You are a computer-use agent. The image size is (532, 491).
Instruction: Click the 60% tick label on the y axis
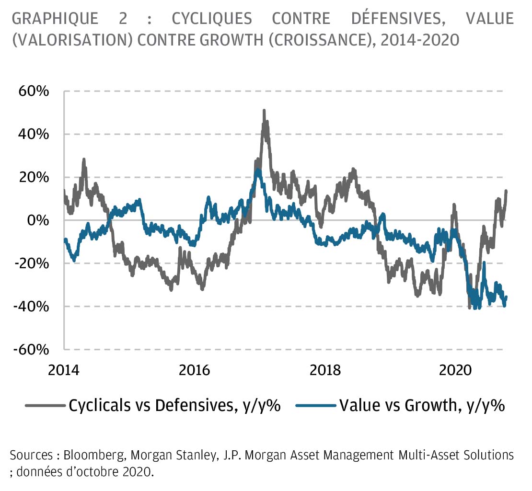(34, 91)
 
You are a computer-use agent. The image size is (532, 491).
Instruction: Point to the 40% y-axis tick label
(34, 134)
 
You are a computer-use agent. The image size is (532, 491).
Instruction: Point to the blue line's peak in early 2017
(258, 170)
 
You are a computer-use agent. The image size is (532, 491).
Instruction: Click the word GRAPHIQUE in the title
(55, 19)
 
